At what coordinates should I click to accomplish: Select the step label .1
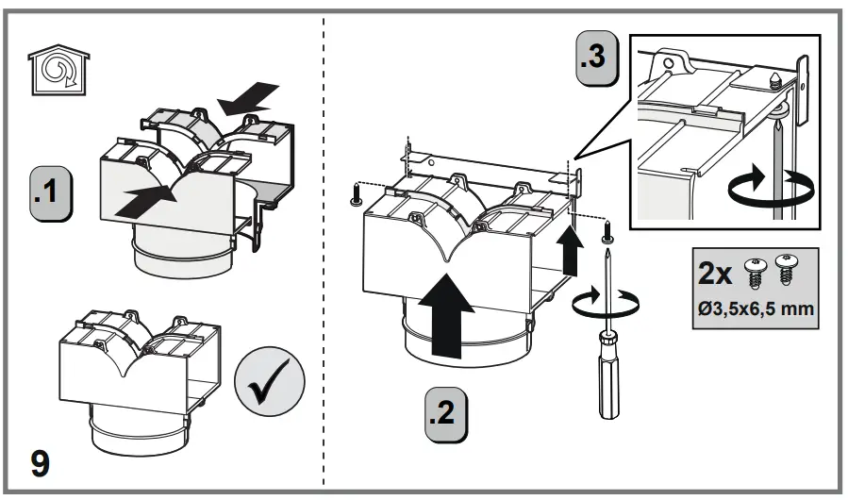(x=51, y=191)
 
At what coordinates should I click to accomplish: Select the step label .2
(x=444, y=412)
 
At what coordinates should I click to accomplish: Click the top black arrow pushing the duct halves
(x=252, y=96)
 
